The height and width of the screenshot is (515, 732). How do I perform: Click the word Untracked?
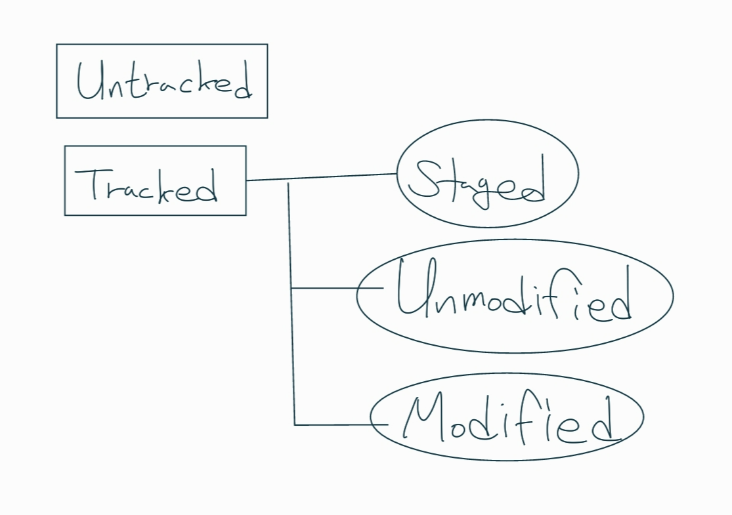click(x=163, y=83)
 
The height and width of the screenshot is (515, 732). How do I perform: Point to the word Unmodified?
click(x=513, y=297)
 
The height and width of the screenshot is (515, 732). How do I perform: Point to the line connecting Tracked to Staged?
click(x=322, y=177)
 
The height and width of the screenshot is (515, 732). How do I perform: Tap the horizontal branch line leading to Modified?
click(x=332, y=425)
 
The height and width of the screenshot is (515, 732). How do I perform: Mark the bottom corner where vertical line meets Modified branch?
click(x=295, y=425)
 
